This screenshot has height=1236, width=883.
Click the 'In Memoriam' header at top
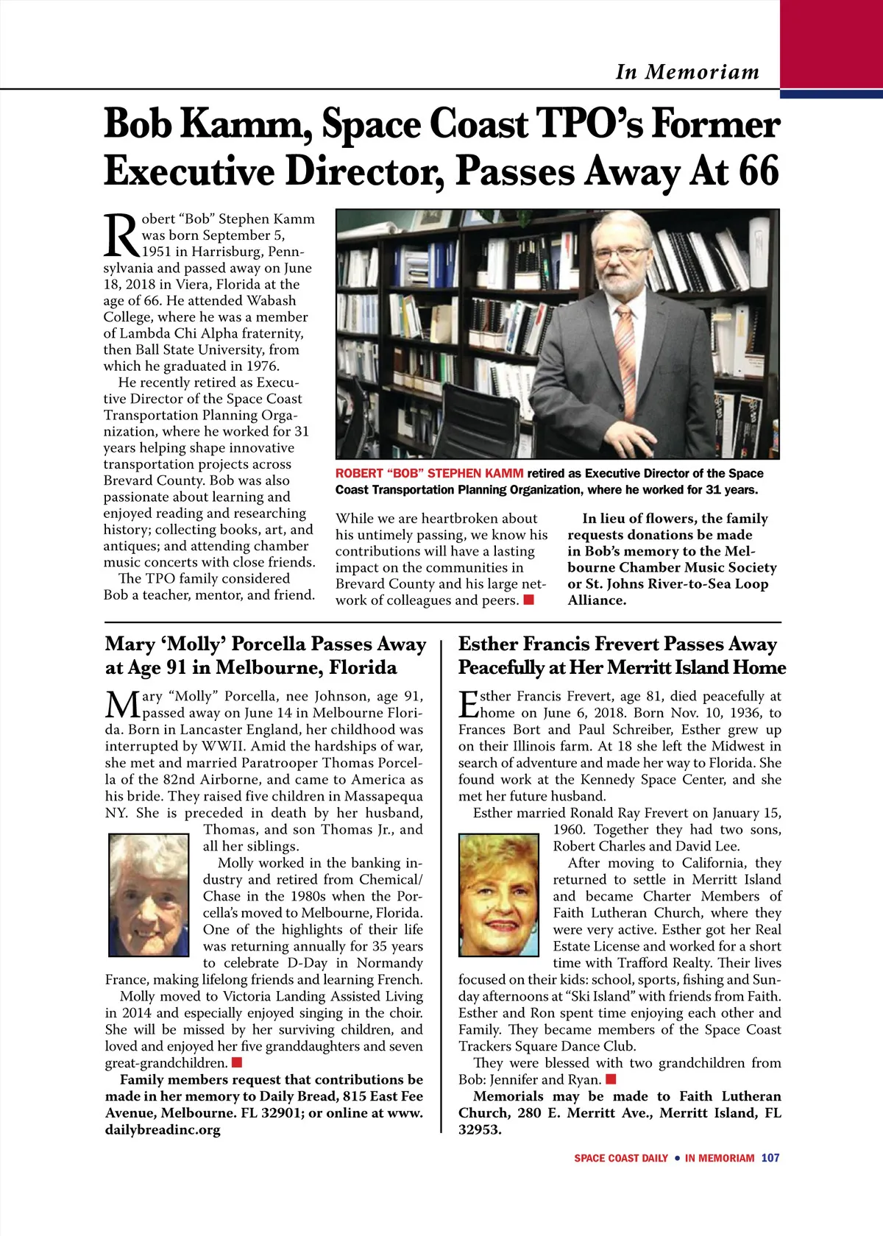click(687, 72)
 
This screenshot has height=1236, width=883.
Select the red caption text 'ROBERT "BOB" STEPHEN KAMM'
click(429, 474)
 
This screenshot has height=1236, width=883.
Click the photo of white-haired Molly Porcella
click(149, 895)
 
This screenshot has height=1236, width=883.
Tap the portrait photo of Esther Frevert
click(498, 895)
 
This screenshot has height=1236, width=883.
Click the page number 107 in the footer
click(770, 1158)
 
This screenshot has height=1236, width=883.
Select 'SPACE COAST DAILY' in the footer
click(620, 1158)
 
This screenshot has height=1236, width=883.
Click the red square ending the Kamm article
click(528, 600)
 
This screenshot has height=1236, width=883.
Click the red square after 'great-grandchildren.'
click(237, 1063)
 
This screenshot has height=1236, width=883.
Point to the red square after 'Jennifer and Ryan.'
click(610, 1080)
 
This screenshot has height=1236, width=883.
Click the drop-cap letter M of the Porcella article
click(121, 704)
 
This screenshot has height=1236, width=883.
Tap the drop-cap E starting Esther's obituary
click(469, 704)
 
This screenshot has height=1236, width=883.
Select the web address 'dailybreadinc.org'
click(163, 1130)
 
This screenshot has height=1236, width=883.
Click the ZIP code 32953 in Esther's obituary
click(479, 1130)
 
